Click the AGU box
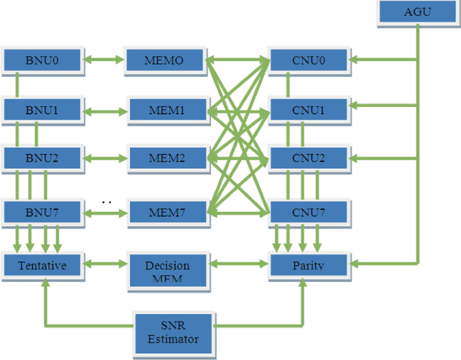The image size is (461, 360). tap(418, 13)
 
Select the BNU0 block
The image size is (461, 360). tap(42, 61)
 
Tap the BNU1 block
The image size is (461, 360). tap(42, 110)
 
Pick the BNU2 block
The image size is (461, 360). tap(42, 159)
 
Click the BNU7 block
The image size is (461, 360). tap(42, 213)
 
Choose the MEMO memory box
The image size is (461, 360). tap(164, 61)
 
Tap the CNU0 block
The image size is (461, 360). tap(309, 61)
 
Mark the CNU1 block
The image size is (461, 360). tap(309, 110)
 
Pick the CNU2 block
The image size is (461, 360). tap(309, 159)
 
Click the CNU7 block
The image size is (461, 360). tap(309, 213)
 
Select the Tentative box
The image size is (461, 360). tap(42, 265)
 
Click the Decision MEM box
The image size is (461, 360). tap(168, 268)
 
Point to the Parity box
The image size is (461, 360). tap(309, 265)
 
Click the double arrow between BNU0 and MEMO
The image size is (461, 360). tap(104, 61)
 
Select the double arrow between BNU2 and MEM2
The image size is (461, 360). tap(105, 159)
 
